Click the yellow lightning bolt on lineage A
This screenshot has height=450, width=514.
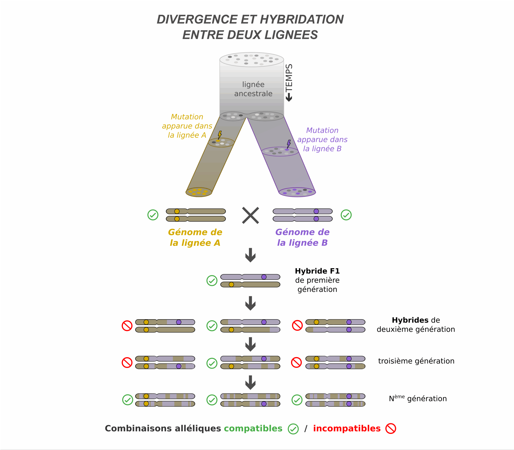[x=220, y=135]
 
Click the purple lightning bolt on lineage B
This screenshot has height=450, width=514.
[x=289, y=144]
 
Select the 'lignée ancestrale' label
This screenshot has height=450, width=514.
[x=253, y=89]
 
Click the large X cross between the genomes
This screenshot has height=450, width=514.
[x=250, y=215]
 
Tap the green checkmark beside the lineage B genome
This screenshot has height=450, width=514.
[x=346, y=215]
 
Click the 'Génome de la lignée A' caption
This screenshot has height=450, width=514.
[x=195, y=237]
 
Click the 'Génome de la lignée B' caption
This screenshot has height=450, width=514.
[x=302, y=237]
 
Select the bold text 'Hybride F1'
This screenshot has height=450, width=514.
[x=317, y=271]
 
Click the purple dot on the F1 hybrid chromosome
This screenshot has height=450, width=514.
[x=264, y=277]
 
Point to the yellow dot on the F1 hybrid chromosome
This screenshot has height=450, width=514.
[x=231, y=285]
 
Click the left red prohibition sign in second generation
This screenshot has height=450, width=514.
[x=127, y=326]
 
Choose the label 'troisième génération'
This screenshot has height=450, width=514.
[x=416, y=361]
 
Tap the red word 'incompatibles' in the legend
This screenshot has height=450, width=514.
[x=347, y=428]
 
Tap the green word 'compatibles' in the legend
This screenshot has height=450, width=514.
[x=253, y=428]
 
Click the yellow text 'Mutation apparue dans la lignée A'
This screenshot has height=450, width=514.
[x=187, y=126]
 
